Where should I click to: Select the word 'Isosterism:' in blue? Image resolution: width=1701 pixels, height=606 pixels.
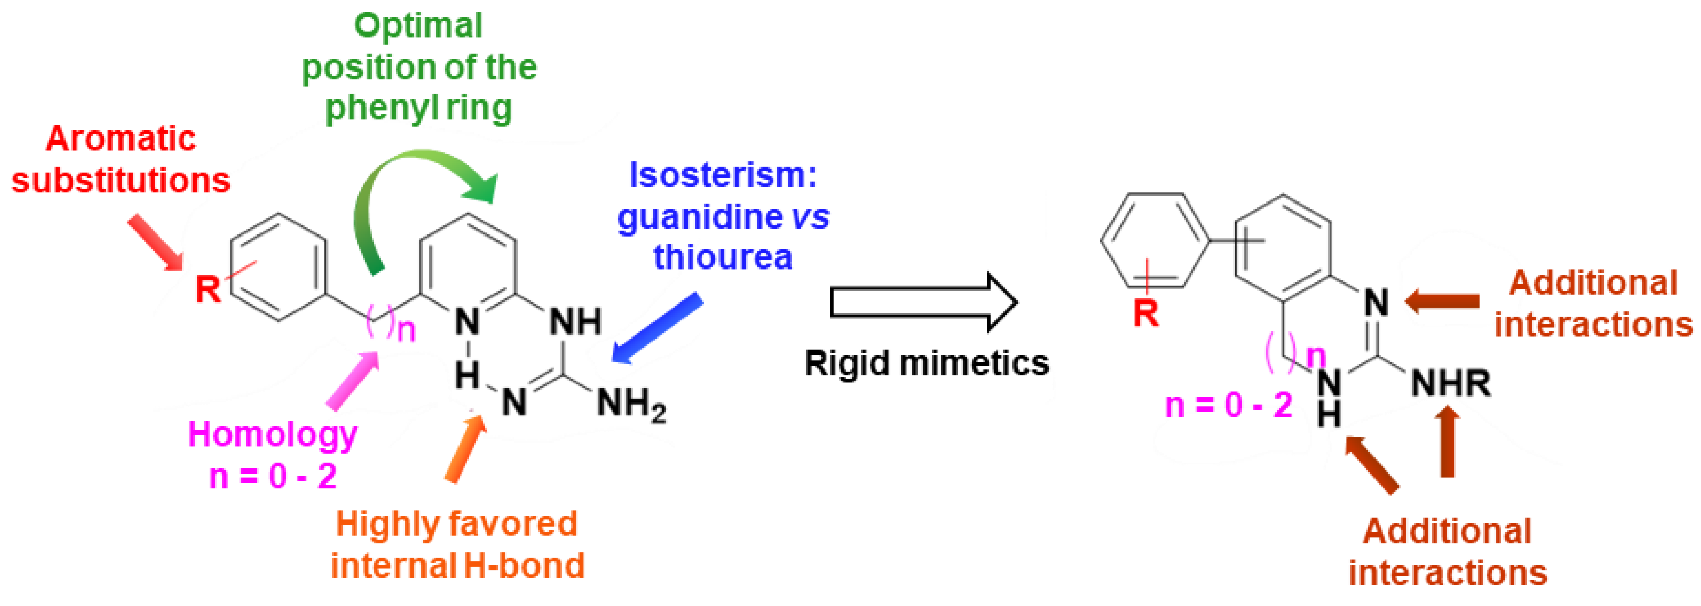723,175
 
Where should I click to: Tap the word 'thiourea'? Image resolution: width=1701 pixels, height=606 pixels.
723,257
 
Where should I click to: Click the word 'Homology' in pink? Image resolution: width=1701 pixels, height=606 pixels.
273,434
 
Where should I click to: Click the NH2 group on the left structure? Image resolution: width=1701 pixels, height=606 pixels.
631,403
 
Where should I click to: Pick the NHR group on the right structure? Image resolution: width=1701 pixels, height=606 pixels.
1450,383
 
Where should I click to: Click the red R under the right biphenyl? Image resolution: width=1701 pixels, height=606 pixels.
1146,313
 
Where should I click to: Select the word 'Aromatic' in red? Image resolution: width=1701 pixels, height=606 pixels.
121,139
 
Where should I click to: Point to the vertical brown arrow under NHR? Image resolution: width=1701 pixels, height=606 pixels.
1448,441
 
